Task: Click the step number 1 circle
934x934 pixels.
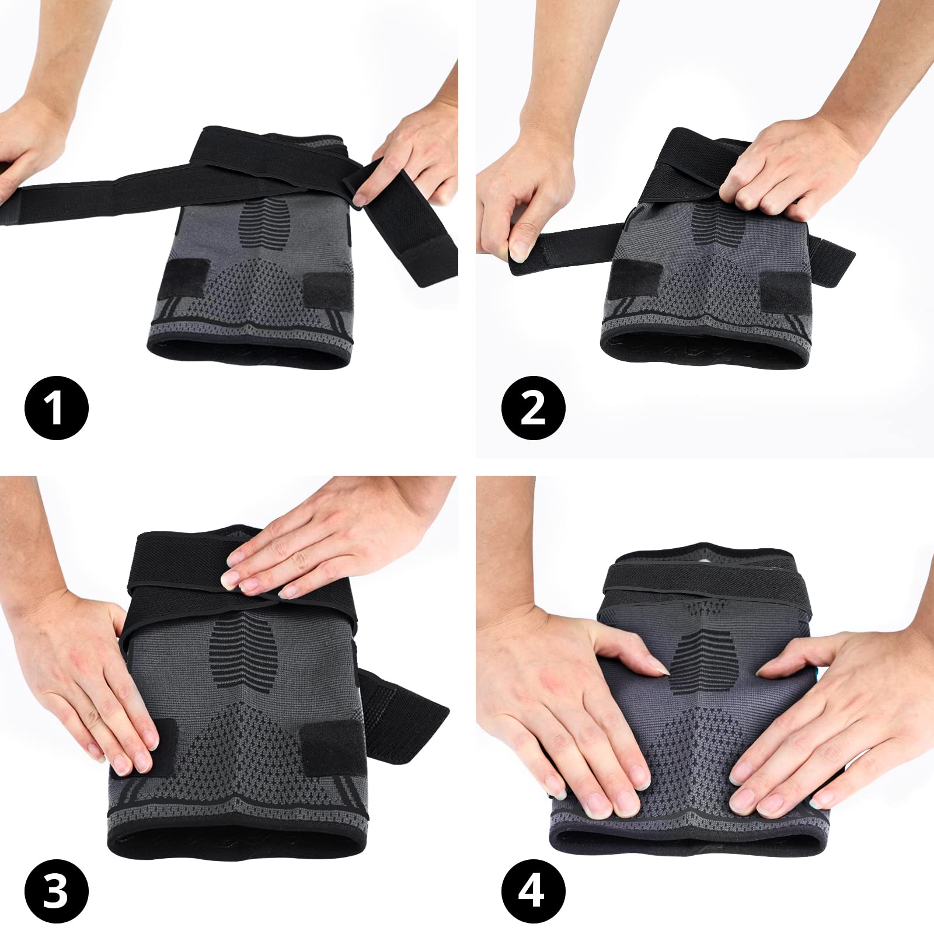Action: [56, 407]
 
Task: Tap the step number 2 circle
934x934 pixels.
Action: [533, 407]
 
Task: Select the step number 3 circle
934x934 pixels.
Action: [56, 891]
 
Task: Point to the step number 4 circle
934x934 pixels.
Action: [533, 891]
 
